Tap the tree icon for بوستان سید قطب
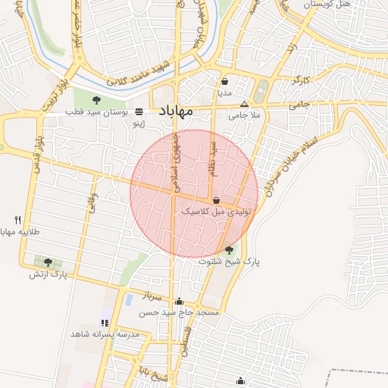[96, 100]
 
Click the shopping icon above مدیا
[225, 82]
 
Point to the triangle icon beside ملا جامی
[244, 105]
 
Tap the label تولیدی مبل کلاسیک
[215, 213]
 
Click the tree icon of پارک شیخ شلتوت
[229, 249]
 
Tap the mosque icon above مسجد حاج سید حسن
[179, 301]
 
